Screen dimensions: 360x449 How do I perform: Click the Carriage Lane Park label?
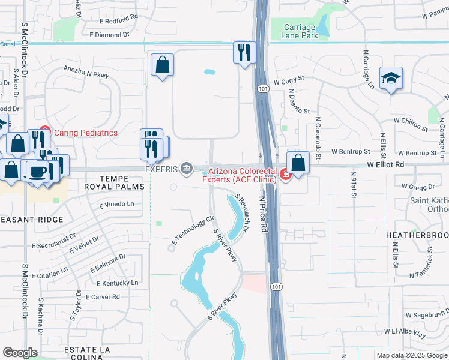[x=298, y=32]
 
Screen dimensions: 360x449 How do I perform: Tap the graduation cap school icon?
[x=391, y=78]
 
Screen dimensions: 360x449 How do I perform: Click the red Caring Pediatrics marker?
[x=44, y=132]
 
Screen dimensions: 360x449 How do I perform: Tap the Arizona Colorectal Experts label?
[x=242, y=175]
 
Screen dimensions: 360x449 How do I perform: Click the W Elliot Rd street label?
[x=388, y=163]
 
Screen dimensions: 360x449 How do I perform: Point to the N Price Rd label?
[x=263, y=214]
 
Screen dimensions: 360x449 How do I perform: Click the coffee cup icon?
[x=38, y=171]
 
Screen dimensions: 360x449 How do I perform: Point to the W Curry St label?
[x=289, y=79]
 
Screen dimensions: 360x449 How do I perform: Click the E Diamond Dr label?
[x=109, y=35]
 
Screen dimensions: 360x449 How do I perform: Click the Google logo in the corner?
[x=20, y=353]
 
